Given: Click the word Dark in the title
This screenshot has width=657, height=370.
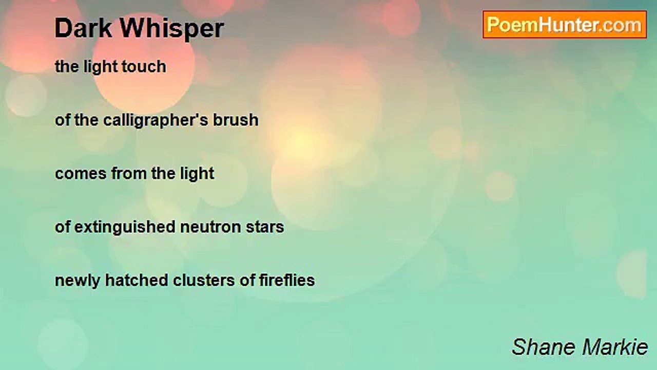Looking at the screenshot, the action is click(83, 28).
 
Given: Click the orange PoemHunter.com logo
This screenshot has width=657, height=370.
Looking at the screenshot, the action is click(565, 25).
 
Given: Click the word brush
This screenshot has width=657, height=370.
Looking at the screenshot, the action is click(236, 120).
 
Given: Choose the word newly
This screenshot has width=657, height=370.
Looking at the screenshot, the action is click(78, 281).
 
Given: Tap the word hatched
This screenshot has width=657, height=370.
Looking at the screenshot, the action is click(137, 280).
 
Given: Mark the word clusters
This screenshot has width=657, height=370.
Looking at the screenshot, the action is click(204, 280).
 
